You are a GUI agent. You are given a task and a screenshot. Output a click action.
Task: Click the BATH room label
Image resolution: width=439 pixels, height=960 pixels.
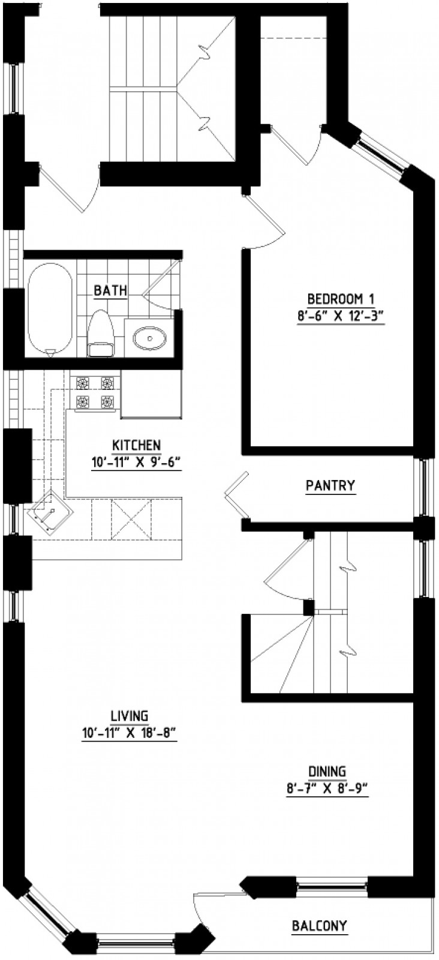pyautogui.click(x=110, y=290)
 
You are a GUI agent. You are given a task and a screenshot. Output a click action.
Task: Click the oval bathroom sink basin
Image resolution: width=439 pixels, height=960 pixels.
pyautogui.click(x=149, y=338)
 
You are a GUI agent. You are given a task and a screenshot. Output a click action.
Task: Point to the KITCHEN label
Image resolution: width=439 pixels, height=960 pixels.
pyautogui.click(x=136, y=445)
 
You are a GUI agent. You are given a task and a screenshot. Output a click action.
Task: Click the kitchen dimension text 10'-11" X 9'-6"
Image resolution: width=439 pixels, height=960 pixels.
pyautogui.click(x=136, y=463)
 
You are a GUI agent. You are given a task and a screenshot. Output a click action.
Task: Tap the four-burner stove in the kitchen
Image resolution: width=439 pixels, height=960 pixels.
pyautogui.click(x=95, y=392)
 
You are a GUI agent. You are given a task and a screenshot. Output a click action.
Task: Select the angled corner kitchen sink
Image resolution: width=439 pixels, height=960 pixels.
pyautogui.click(x=50, y=512)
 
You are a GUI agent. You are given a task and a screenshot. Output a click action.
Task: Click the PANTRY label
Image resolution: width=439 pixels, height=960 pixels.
pyautogui.click(x=330, y=485)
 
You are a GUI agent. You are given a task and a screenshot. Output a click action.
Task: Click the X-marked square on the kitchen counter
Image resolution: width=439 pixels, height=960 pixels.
pyautogui.click(x=131, y=519)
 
